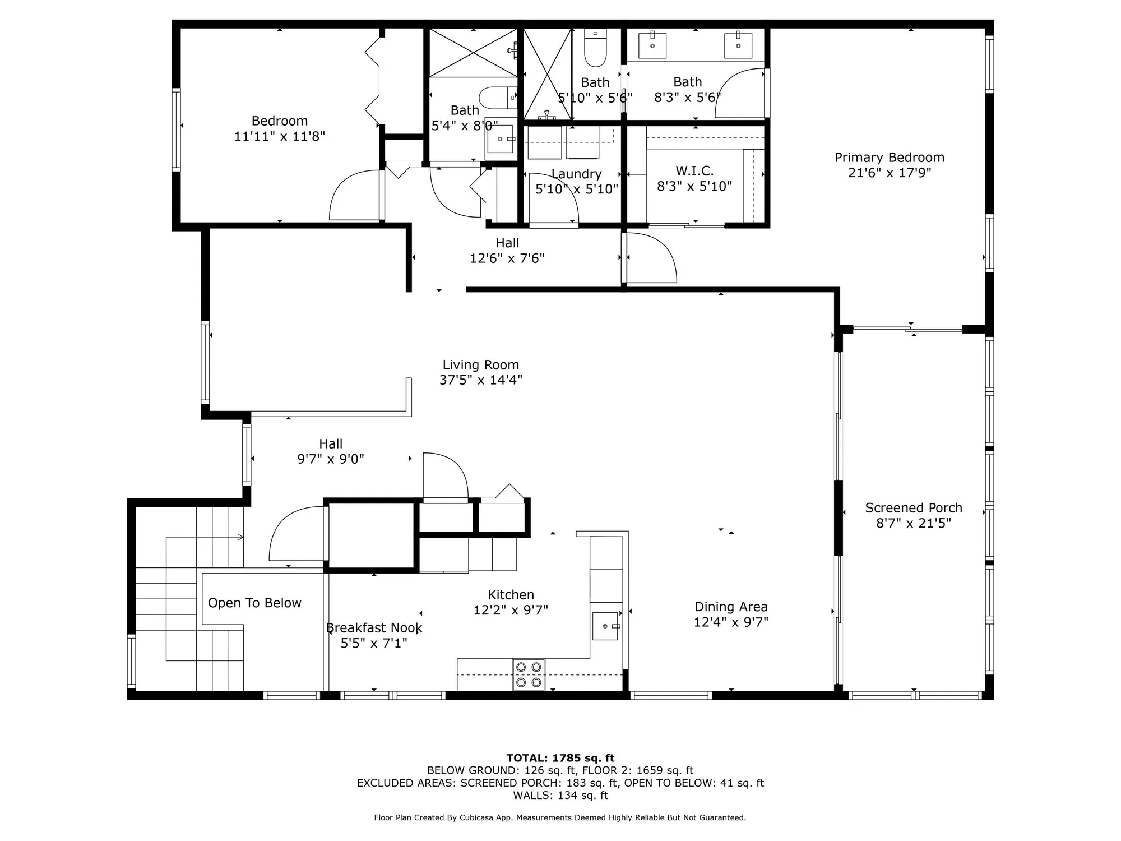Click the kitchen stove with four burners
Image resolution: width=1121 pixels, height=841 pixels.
529,674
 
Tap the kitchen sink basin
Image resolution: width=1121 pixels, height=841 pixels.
605,626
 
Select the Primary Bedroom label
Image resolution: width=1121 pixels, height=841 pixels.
889,158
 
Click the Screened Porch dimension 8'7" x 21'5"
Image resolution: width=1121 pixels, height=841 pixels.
913,523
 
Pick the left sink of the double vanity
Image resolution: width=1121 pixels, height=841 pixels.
652,45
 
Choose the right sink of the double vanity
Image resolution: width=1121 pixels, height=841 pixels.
738,45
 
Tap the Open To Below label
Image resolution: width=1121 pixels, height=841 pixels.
254,603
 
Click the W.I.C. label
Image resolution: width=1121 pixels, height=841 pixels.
694,170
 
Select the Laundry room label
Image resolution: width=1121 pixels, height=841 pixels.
576,174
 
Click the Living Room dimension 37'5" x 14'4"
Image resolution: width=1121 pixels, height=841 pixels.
480,380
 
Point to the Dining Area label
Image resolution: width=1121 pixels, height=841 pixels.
731,607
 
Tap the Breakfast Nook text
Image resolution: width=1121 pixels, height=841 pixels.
374,628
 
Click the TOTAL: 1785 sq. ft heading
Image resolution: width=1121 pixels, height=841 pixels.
560,758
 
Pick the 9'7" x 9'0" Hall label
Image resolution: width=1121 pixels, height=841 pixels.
330,444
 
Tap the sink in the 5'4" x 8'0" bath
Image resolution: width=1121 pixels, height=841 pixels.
500,138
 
